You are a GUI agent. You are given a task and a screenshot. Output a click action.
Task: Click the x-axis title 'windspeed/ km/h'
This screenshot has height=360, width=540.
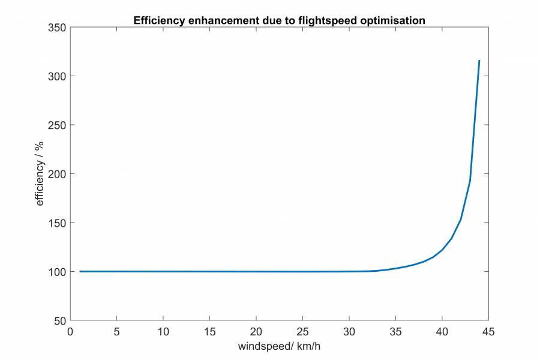(x=280, y=346)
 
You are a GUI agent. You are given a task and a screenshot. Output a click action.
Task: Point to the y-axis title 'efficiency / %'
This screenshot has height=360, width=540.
(x=40, y=174)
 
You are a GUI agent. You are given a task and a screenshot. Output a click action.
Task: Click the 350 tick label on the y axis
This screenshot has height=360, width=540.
(x=58, y=28)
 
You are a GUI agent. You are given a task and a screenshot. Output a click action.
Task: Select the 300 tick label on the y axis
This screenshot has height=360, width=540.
(x=58, y=76)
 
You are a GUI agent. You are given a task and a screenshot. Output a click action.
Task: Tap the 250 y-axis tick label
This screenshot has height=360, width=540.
(x=58, y=125)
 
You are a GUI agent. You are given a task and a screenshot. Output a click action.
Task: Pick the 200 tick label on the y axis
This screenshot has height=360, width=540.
(x=58, y=174)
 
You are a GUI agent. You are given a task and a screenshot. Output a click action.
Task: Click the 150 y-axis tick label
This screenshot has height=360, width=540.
(x=58, y=223)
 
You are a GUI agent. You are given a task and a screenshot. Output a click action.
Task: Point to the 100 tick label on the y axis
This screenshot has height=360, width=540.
(x=58, y=271)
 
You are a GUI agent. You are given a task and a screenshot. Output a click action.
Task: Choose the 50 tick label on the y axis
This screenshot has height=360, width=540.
(x=60, y=320)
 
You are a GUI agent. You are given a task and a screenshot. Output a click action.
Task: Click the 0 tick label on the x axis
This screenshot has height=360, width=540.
(x=70, y=331)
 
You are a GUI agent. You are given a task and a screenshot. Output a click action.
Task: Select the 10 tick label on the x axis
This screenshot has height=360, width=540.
(x=163, y=331)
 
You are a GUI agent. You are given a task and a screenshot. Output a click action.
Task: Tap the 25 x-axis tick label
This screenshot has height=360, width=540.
(x=302, y=331)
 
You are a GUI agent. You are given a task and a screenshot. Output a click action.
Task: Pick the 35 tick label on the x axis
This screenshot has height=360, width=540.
(x=395, y=331)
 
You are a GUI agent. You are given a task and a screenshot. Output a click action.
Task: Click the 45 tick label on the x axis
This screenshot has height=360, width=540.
(x=488, y=331)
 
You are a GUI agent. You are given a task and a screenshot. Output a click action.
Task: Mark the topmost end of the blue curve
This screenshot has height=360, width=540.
(x=479, y=61)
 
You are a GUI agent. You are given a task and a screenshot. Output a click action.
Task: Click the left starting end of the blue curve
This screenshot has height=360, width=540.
(x=80, y=271)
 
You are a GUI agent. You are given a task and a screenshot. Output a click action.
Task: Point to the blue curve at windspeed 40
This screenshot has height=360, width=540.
(x=442, y=250)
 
